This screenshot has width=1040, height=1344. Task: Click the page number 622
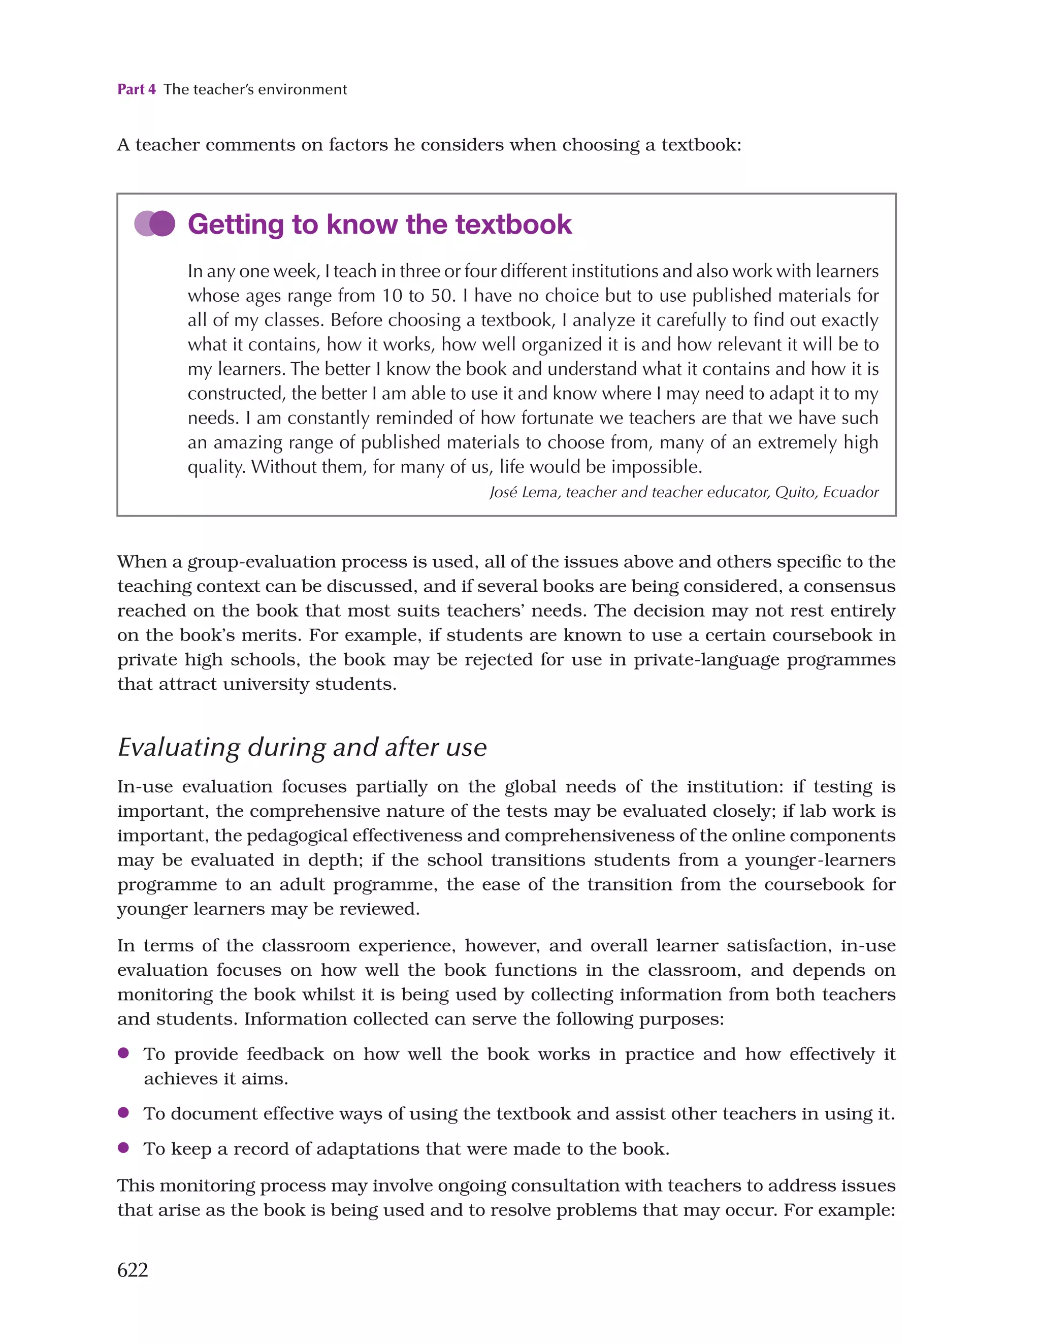tap(133, 1269)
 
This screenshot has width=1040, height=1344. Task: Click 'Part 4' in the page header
tap(136, 89)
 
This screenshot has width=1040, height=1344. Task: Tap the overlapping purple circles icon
tap(155, 224)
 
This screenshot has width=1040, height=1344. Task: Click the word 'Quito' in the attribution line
tap(795, 492)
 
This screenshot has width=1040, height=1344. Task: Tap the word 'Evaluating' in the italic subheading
tap(178, 747)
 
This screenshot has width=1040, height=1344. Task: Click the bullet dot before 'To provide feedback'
tap(123, 1053)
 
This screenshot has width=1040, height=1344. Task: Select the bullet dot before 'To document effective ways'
tap(123, 1112)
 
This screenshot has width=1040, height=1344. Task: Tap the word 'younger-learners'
tap(820, 860)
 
